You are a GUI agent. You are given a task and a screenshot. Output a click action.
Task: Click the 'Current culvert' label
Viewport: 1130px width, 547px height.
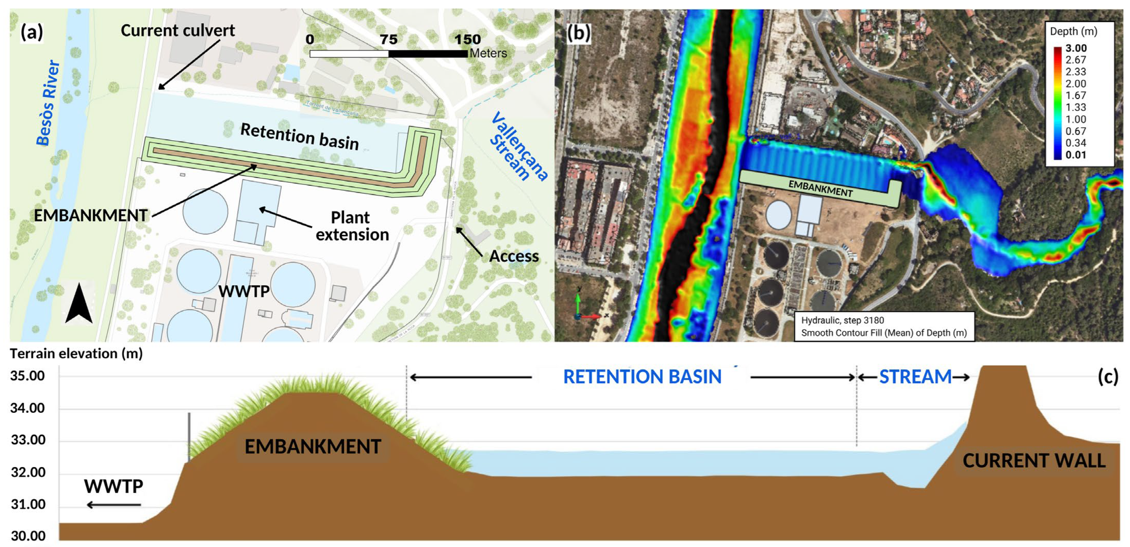[x=178, y=31]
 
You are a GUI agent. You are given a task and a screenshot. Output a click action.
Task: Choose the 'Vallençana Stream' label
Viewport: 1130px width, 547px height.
[x=517, y=147]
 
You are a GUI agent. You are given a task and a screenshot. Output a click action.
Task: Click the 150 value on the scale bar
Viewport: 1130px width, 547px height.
[x=467, y=40]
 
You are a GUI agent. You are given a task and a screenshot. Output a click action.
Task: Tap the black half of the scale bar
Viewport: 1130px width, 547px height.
[x=428, y=54]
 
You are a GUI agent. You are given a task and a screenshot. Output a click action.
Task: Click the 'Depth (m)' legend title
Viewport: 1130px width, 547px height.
[x=1073, y=32]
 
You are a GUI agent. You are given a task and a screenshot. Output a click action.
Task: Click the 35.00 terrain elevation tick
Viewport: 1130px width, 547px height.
[x=28, y=376]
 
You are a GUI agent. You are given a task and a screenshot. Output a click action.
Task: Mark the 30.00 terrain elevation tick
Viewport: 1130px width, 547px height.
[x=28, y=536]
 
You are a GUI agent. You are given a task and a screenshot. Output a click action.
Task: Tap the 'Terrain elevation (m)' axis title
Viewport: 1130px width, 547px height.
[x=76, y=353]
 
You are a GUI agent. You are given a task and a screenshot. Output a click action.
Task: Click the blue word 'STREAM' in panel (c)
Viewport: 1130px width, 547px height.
[x=915, y=377]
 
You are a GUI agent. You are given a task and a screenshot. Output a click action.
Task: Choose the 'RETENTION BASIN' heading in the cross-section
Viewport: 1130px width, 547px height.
[x=642, y=377]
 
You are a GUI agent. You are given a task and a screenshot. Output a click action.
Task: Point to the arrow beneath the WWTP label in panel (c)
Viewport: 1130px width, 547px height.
[x=114, y=505]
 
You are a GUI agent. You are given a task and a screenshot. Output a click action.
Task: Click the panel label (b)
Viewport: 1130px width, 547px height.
[x=578, y=33]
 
